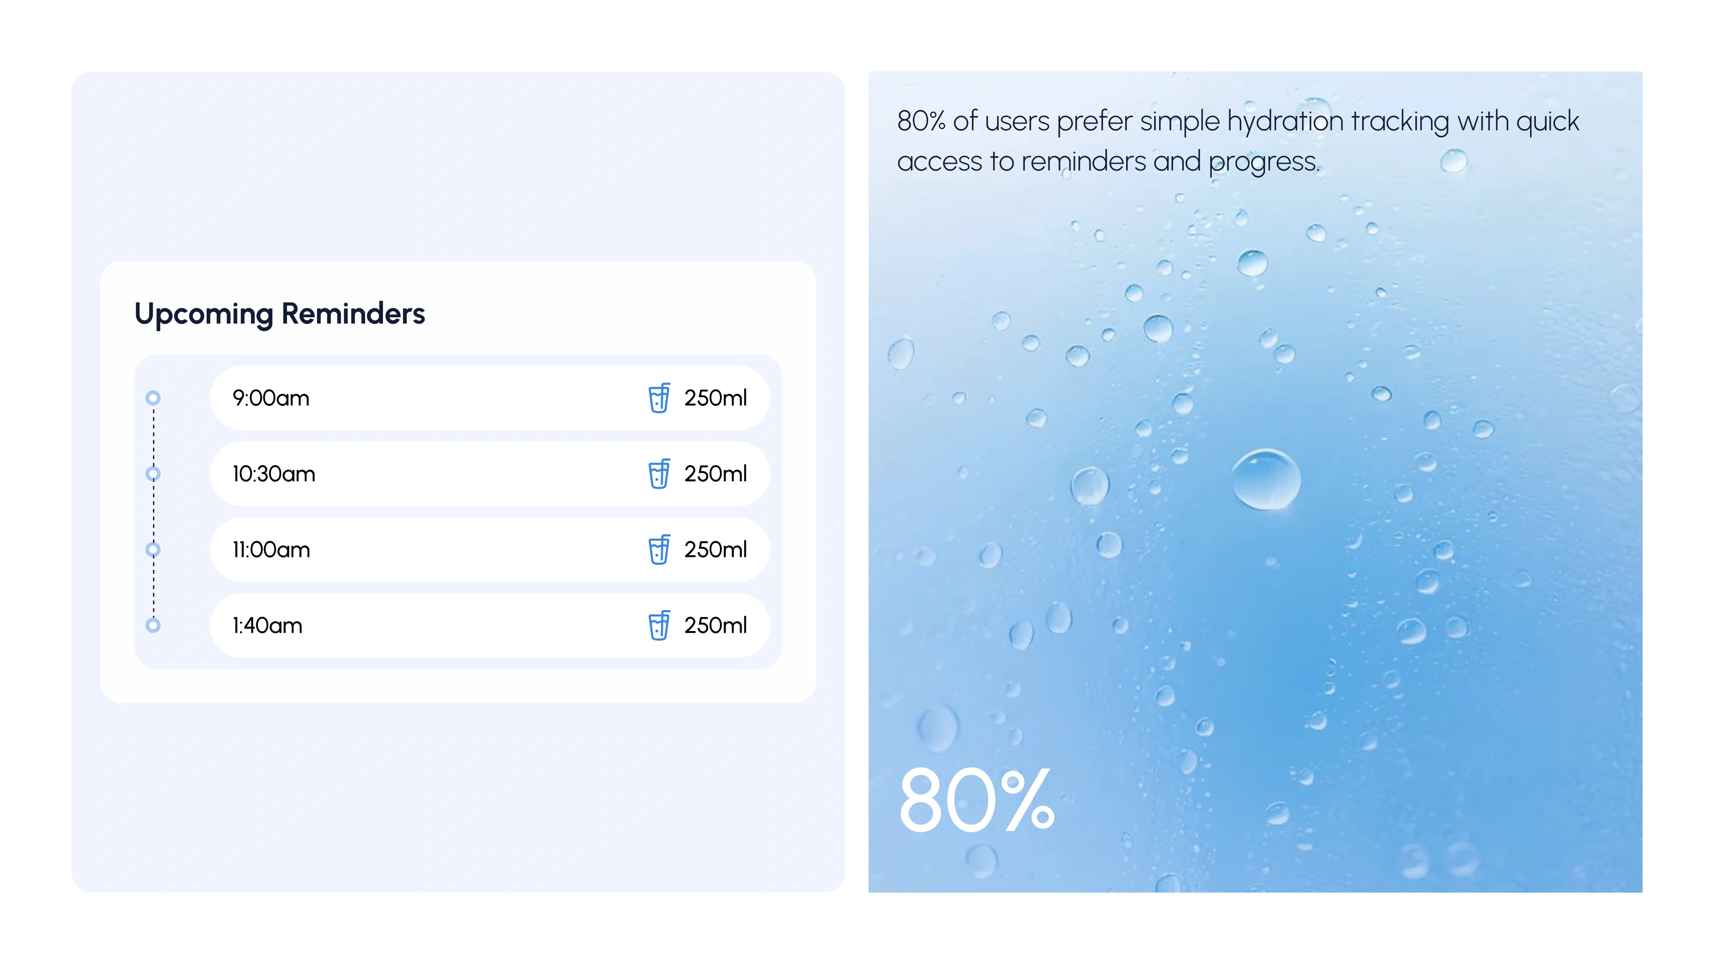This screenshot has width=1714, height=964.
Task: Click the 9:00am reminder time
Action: tap(271, 398)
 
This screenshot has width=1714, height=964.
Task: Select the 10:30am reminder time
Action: tap(274, 474)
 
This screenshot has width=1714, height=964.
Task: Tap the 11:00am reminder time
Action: tap(271, 549)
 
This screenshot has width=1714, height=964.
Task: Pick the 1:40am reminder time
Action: tap(267, 625)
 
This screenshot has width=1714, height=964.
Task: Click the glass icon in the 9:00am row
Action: tap(659, 398)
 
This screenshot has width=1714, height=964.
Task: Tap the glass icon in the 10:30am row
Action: tap(659, 474)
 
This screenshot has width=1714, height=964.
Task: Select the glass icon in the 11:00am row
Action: tap(659, 549)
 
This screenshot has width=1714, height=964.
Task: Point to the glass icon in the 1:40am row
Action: tap(659, 625)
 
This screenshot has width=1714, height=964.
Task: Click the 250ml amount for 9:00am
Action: tap(715, 398)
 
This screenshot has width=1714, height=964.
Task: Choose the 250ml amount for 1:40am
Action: tap(715, 625)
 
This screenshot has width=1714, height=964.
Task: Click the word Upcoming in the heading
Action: tap(204, 315)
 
